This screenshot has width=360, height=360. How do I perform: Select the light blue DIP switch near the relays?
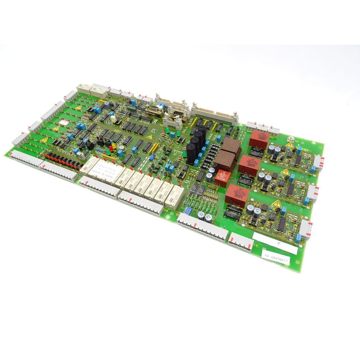[x=189, y=211]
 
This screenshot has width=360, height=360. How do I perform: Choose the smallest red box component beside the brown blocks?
[x=222, y=177]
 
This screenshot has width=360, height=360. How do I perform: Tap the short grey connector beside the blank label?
[x=240, y=241]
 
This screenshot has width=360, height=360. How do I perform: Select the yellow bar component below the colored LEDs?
[x=153, y=148]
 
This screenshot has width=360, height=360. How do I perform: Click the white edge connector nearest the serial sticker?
[x=306, y=229]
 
